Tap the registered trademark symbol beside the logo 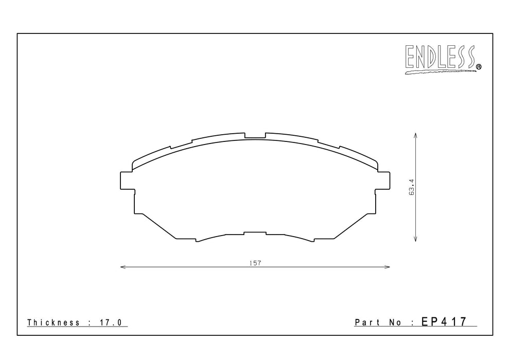[x=479, y=67]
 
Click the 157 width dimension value [x=255, y=263]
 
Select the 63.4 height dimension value [x=411, y=187]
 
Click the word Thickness [x=54, y=322]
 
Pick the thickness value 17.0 [x=110, y=322]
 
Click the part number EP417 [x=444, y=321]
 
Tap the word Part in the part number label [x=367, y=322]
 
